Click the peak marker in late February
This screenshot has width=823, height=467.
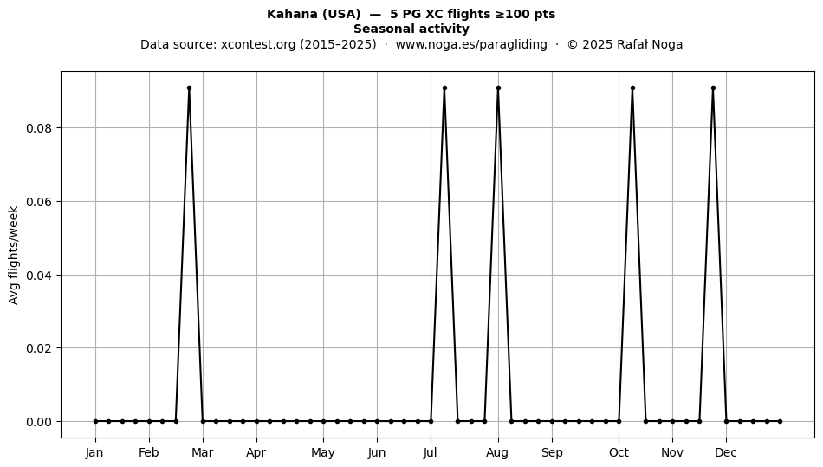point(189,88)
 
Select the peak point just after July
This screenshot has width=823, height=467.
point(444,88)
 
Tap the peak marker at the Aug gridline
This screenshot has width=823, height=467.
point(498,88)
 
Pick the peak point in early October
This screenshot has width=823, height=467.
point(632,88)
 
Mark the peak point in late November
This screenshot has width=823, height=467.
point(713,88)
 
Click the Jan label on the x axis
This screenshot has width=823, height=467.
point(95,452)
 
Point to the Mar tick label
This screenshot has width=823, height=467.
point(203,452)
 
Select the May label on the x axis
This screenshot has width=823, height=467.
point(323,452)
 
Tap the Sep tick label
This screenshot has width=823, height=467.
point(552,452)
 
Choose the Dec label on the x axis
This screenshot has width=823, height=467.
point(726,452)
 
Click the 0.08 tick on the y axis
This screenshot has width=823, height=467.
point(39,128)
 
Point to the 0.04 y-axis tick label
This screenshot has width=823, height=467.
point(39,276)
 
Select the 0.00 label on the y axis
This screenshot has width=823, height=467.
point(39,422)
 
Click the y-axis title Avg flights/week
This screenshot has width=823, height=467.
point(14,255)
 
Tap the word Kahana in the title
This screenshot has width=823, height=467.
point(288,14)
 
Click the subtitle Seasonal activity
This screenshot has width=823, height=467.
point(411,29)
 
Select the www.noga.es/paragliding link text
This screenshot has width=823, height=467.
point(471,44)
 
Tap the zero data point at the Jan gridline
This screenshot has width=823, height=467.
point(95,421)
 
